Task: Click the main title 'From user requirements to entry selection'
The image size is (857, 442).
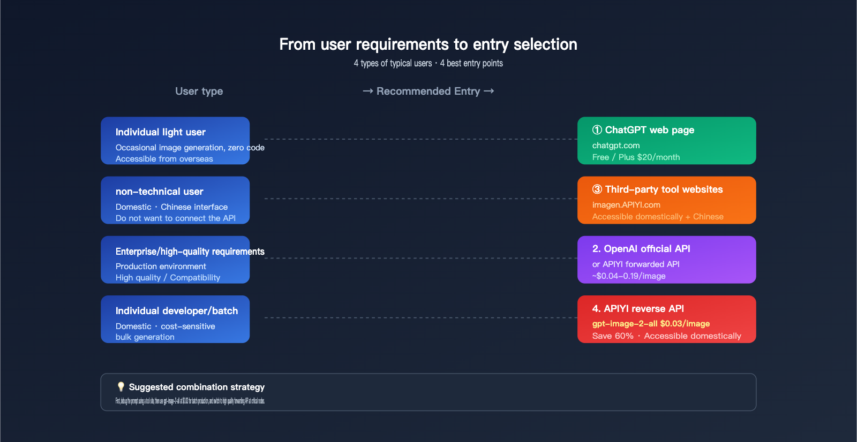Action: pos(428,44)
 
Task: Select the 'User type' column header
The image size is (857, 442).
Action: pos(199,91)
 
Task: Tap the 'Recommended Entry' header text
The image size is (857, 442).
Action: pos(428,91)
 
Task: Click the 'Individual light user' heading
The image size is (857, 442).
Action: pos(160,132)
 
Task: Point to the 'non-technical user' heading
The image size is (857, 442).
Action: pos(159,192)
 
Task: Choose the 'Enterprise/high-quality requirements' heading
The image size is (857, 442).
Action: pos(190,252)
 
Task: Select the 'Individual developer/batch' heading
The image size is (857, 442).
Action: pos(176,311)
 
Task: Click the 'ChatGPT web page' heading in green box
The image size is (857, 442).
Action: pos(649,130)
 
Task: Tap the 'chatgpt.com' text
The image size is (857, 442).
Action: pos(615,146)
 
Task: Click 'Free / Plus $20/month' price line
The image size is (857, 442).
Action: pos(636,157)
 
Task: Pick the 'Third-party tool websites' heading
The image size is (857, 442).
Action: pos(663,189)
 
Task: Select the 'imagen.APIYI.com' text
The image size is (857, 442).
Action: pos(626,205)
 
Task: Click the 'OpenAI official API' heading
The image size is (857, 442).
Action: pos(646,249)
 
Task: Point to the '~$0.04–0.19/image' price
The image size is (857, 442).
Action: pos(628,276)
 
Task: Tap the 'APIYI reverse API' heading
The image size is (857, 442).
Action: pos(643,309)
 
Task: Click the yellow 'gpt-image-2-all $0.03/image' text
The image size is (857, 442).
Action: pos(651,324)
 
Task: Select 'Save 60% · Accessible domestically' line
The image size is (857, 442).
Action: pos(666,336)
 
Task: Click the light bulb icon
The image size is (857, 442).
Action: pos(121,386)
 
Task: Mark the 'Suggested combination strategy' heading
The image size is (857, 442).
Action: pos(197,387)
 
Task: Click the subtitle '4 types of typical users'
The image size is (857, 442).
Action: pos(393,63)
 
